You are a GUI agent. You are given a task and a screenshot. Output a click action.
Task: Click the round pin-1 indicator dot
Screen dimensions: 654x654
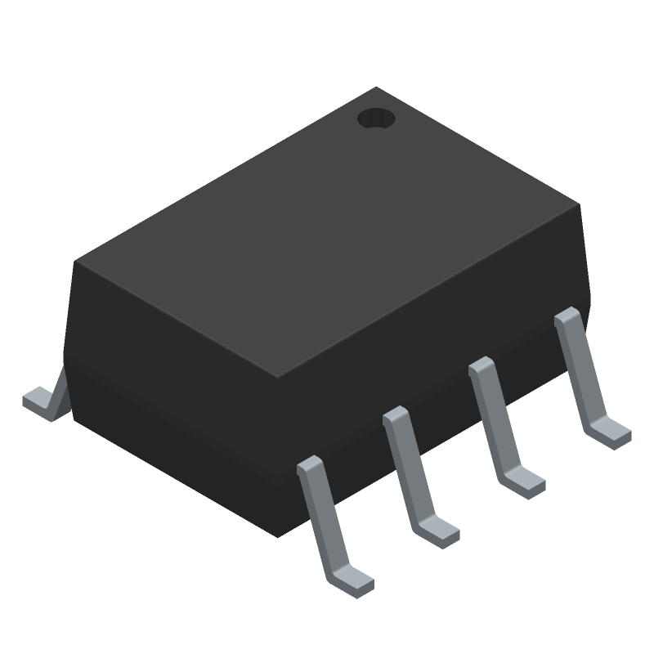tap(376, 119)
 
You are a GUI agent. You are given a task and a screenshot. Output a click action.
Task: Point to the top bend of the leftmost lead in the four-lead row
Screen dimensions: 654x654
tap(310, 465)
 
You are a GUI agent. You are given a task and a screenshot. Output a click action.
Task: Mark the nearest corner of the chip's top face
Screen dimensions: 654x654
tap(278, 378)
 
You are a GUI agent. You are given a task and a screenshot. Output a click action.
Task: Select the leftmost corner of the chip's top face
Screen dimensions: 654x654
tap(75, 262)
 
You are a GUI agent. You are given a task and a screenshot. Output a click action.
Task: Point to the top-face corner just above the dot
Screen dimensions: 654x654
tap(376, 87)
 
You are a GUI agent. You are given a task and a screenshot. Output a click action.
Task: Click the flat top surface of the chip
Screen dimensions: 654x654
tap(327, 237)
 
